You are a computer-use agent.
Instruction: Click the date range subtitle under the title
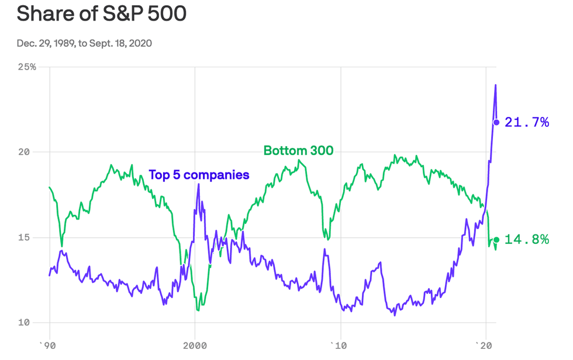point(85,43)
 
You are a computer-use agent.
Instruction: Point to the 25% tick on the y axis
point(26,67)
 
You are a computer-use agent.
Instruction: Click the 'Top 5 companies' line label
point(199,174)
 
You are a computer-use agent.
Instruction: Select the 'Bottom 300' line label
point(298,150)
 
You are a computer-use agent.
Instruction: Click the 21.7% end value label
point(527,122)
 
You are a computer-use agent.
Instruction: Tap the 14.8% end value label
point(527,239)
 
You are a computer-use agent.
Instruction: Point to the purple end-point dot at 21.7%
point(496,122)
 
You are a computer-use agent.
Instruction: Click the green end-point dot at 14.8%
point(496,239)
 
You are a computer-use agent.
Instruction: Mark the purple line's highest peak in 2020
point(495,85)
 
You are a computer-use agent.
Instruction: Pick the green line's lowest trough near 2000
point(199,310)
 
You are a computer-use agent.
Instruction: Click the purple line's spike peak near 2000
point(199,185)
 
